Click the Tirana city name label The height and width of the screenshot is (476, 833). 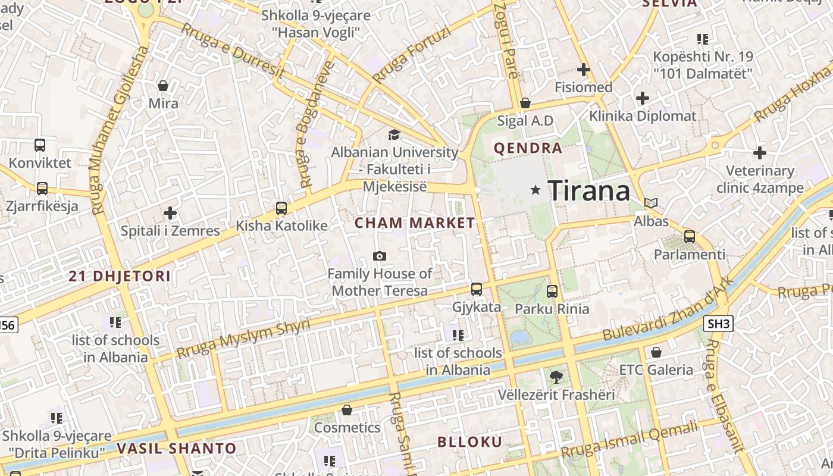[x=588, y=191]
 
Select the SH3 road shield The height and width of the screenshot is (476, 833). [x=718, y=324]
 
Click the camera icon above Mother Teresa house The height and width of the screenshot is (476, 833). [x=379, y=256]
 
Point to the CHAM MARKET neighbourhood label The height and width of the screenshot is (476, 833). [x=415, y=223]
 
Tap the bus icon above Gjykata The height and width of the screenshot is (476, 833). [x=477, y=289]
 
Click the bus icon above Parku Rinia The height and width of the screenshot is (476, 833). [x=552, y=291]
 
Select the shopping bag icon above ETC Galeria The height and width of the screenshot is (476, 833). [x=656, y=352]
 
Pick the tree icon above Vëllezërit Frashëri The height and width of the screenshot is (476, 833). [x=556, y=377]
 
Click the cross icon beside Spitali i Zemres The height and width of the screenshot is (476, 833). [x=170, y=212]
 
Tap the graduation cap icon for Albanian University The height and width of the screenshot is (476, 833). [x=394, y=134]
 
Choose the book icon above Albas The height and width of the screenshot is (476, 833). [x=652, y=203]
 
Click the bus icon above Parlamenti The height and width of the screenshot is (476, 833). [x=690, y=237]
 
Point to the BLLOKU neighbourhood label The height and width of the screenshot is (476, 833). [x=470, y=442]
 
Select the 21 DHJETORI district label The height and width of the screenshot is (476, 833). [x=120, y=276]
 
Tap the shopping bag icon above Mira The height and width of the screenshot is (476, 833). [x=163, y=86]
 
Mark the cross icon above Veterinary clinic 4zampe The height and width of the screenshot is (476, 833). [x=760, y=153]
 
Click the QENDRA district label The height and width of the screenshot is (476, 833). [x=528, y=148]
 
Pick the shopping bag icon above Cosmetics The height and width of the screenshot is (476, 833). [x=347, y=410]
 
